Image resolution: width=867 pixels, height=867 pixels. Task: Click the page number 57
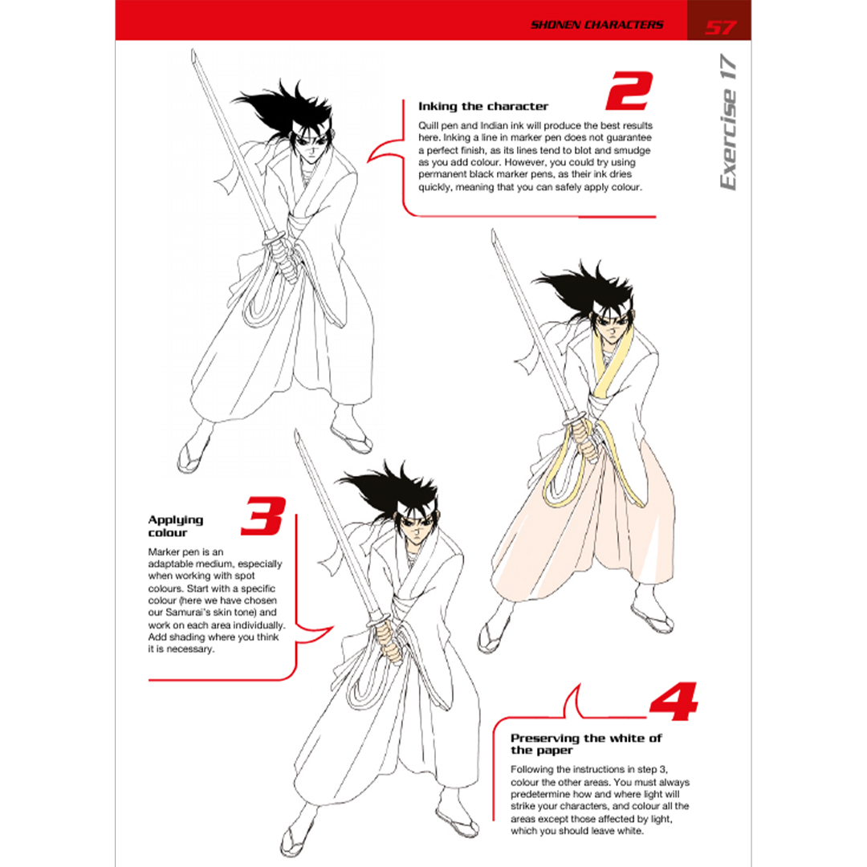(x=720, y=26)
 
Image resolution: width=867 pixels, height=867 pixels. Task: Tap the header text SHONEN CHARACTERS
(x=596, y=25)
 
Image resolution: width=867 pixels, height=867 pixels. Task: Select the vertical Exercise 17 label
(x=728, y=122)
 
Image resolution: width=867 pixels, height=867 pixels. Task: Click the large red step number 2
(x=629, y=91)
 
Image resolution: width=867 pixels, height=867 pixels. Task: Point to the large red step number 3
(x=263, y=515)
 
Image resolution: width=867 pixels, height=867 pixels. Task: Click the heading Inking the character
(x=482, y=106)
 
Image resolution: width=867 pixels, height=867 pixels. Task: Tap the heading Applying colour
(x=175, y=526)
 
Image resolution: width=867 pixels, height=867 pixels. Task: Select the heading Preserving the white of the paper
(x=585, y=743)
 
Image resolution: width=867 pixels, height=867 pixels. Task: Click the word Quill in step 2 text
(x=428, y=125)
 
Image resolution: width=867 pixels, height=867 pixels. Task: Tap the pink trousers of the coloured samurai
(x=580, y=531)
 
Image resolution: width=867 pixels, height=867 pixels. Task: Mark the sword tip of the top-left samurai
(x=193, y=51)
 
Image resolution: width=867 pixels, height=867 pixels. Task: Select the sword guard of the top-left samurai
(x=275, y=238)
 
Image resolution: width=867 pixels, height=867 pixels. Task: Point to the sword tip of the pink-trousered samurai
(x=493, y=232)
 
